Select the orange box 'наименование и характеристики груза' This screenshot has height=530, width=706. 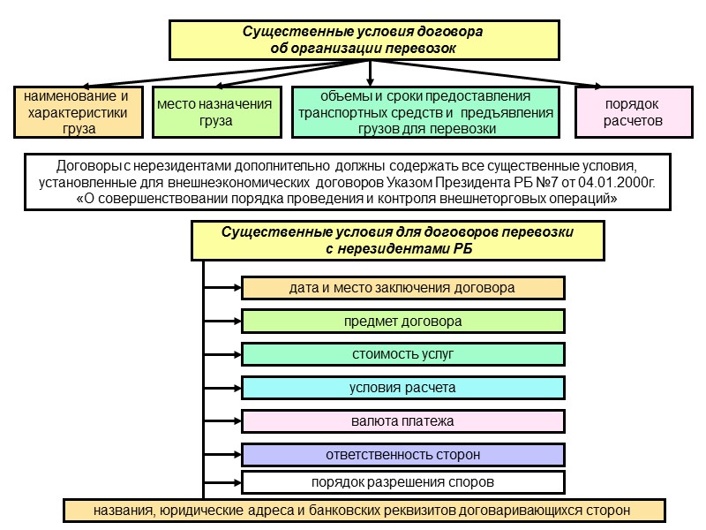[x=79, y=112]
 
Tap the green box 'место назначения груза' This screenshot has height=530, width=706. [x=215, y=112]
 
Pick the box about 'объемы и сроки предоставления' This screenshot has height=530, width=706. [x=425, y=112]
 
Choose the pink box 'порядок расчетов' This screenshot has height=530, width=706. [x=633, y=112]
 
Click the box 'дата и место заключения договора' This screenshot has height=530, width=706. [x=402, y=288]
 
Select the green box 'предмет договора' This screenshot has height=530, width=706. [x=402, y=322]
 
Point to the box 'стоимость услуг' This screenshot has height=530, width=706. [x=402, y=354]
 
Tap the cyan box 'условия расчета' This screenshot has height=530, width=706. [x=402, y=388]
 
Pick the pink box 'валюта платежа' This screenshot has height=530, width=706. [x=402, y=421]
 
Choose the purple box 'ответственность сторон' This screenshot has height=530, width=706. [x=402, y=455]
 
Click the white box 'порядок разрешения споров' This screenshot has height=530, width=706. [x=402, y=482]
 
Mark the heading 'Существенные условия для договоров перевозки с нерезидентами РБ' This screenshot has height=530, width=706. [x=398, y=240]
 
